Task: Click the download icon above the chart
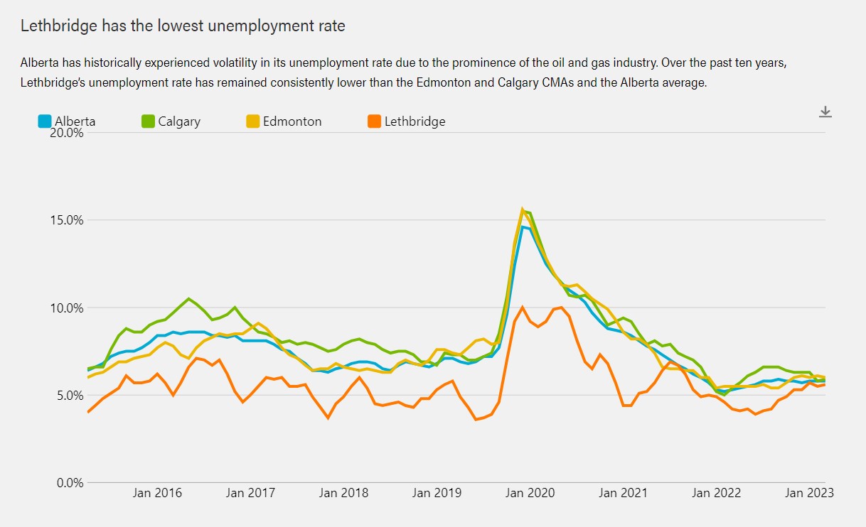pos(825,112)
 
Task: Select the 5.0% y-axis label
pos(66,396)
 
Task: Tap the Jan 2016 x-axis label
pos(157,493)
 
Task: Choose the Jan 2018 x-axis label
pos(343,493)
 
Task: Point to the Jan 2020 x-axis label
pos(530,493)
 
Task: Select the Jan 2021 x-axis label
pos(624,493)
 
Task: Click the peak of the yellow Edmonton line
pos(523,210)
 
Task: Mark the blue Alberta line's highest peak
pos(523,227)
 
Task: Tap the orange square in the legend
pos(374,121)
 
